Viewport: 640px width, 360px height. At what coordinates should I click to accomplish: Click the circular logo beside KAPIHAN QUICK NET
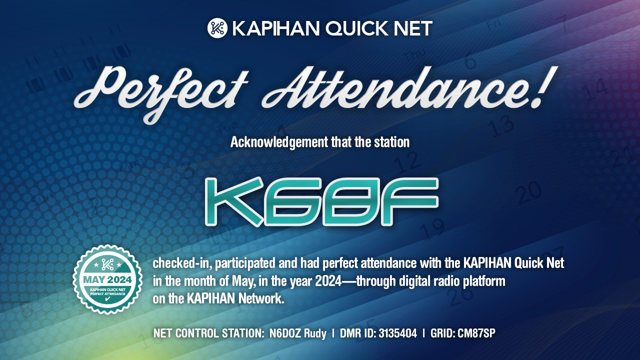click(x=217, y=28)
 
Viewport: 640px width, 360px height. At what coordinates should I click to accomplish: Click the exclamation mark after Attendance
click(x=545, y=87)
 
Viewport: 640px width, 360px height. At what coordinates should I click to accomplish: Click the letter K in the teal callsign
click(x=234, y=201)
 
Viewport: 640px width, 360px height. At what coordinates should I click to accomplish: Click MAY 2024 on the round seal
click(x=107, y=279)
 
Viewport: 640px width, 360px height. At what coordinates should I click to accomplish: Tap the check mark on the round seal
click(x=107, y=299)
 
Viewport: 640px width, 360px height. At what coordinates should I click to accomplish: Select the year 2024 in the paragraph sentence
click(x=328, y=281)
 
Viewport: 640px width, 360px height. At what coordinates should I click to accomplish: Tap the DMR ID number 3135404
click(x=397, y=333)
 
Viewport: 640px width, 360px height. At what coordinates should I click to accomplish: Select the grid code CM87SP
click(x=476, y=333)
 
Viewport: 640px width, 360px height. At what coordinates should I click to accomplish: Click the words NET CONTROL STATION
click(x=208, y=333)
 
